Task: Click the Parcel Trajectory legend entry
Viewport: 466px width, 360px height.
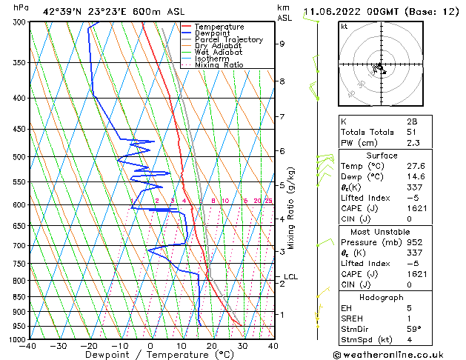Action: [x=229, y=40]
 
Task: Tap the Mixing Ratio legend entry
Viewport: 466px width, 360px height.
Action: [x=219, y=65]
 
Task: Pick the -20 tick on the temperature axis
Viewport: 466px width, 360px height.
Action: [x=89, y=346]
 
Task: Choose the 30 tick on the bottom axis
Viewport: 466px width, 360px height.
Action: [x=242, y=346]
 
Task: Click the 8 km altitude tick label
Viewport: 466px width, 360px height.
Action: [x=282, y=81]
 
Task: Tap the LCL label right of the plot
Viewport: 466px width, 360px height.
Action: [x=290, y=277]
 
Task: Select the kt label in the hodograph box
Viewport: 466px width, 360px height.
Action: [x=344, y=27]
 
